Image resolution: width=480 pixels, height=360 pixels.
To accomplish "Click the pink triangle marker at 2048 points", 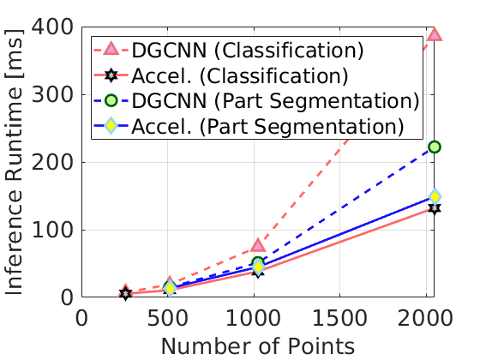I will (435, 34).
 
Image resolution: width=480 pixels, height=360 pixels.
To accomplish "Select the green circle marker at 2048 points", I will (435, 147).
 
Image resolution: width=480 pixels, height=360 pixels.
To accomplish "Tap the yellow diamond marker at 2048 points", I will (435, 196).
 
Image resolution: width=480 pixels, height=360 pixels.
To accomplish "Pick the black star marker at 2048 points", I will (435, 208).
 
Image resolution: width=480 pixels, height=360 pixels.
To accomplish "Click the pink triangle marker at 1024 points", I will (258, 246).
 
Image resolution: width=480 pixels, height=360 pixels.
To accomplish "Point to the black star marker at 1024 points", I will (258, 271).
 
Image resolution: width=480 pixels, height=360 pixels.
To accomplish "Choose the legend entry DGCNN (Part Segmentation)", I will (274, 101).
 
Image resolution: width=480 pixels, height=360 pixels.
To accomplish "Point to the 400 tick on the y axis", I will (54, 27).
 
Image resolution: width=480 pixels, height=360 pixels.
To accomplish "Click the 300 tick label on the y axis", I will (54, 94).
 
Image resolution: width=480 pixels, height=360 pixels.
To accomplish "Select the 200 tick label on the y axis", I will (54, 162).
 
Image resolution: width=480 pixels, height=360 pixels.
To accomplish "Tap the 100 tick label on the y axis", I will (54, 230).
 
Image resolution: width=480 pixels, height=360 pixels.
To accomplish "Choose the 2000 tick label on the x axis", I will (426, 316).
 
